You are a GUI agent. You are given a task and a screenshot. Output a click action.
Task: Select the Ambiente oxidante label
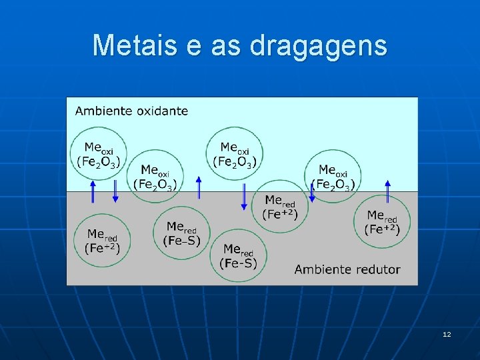pos(131,111)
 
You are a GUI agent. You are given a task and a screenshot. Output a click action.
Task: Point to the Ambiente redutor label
pos(347,269)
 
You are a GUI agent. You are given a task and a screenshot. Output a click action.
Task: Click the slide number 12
pos(447,333)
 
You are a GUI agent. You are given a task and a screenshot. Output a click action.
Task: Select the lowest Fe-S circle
pos(238,256)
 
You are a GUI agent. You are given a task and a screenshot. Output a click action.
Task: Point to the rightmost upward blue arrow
pos(388,191)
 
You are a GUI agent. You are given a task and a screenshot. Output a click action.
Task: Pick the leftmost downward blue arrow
pos(115,191)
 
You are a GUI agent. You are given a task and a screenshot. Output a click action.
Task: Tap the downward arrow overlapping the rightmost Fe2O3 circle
pos(311,191)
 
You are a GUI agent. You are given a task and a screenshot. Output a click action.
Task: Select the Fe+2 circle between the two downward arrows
pos(281,207)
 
